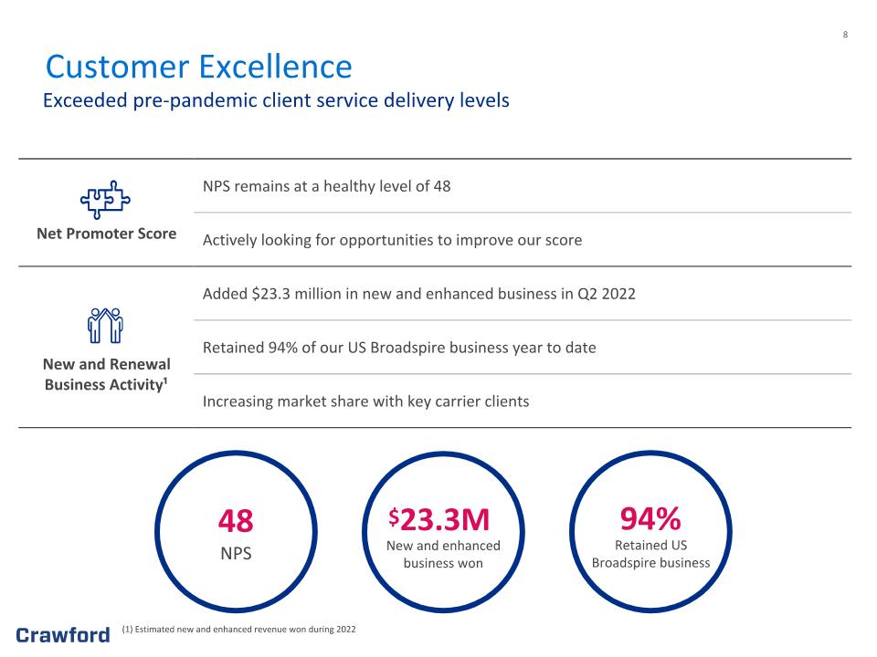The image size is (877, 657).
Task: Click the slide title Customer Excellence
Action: (x=198, y=67)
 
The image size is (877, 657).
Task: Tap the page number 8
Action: (x=845, y=35)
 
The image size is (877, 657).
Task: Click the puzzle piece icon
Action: (x=105, y=200)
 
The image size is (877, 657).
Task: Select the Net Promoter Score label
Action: (x=106, y=234)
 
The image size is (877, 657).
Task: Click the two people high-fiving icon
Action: (x=105, y=326)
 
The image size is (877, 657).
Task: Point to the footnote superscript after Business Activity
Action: (x=165, y=381)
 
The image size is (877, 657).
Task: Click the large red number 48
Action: (x=236, y=521)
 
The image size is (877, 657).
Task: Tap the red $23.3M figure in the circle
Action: (x=439, y=519)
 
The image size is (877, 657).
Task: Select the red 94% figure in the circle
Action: (x=650, y=518)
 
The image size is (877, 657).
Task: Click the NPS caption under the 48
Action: (x=236, y=553)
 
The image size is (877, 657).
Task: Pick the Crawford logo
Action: (x=63, y=635)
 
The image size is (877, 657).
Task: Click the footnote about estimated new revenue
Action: (x=238, y=629)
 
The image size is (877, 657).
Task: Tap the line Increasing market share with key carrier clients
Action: (x=365, y=401)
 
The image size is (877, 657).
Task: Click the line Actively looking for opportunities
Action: (x=392, y=240)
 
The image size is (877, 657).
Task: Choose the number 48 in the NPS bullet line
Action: (x=442, y=186)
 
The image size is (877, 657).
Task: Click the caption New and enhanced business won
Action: (x=443, y=554)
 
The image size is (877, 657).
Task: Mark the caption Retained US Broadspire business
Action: (x=650, y=554)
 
